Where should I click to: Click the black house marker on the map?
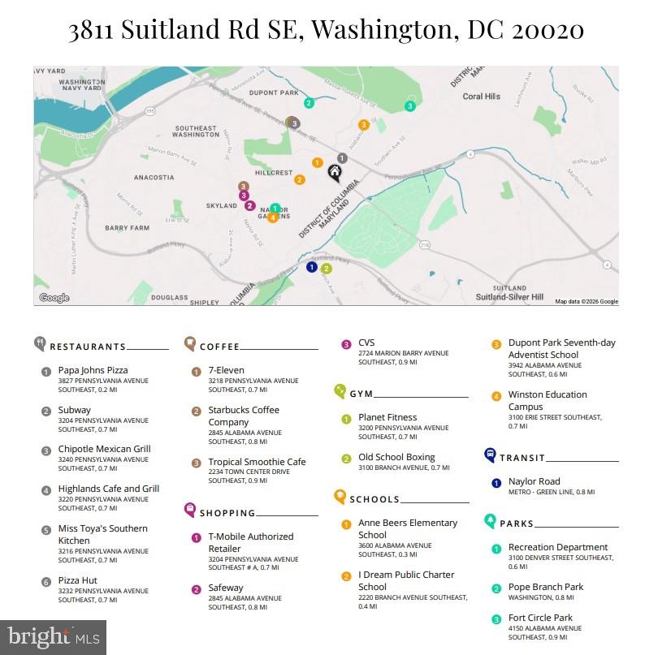tap(334, 171)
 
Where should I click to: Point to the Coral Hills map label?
tap(481, 97)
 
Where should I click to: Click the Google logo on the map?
tap(54, 298)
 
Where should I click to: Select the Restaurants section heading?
tap(88, 347)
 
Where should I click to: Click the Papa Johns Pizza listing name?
tap(93, 370)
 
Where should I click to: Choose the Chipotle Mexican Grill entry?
tap(104, 449)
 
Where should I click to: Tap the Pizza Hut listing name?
tap(78, 580)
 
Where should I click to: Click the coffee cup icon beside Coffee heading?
tap(190, 344)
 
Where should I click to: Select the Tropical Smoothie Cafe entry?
tap(257, 462)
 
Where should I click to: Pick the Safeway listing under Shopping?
tap(226, 588)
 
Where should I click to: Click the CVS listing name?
tap(366, 343)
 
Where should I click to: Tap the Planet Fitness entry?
tap(387, 417)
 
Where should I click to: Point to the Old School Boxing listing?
tap(396, 457)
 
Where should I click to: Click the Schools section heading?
tap(374, 499)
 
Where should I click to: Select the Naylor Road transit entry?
tap(534, 481)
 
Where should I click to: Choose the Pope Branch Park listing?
tap(546, 587)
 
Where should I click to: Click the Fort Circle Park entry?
tap(540, 618)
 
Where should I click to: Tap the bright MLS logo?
tap(54, 636)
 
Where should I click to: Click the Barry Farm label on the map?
tap(127, 228)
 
